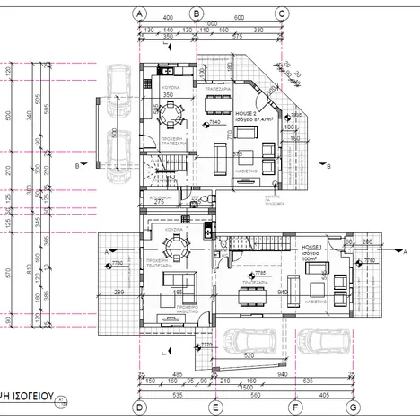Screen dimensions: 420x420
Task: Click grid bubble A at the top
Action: pyautogui.click(x=140, y=13)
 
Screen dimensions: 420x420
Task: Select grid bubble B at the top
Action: pyautogui.click(x=197, y=13)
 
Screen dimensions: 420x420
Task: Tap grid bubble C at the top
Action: pyautogui.click(x=282, y=13)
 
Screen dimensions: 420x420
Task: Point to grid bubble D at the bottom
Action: pyautogui.click(x=140, y=407)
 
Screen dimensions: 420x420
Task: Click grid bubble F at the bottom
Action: pyautogui.click(x=293, y=407)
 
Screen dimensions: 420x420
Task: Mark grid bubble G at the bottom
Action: pyautogui.click(x=354, y=407)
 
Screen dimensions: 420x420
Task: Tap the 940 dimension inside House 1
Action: pyautogui.click(x=283, y=292)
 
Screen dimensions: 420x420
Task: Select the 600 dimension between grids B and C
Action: pyautogui.click(x=240, y=17)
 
